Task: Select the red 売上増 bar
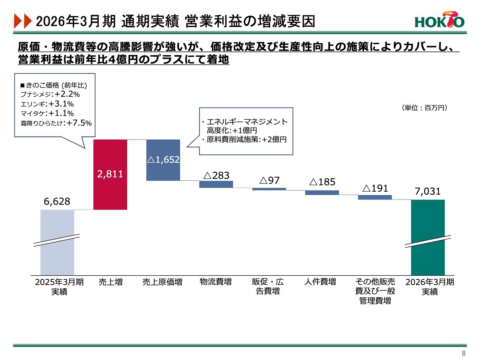pyautogui.click(x=110, y=175)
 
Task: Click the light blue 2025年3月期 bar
pyautogui.click(x=57, y=242)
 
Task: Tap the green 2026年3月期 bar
pyautogui.click(x=428, y=237)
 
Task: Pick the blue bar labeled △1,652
pyautogui.click(x=163, y=160)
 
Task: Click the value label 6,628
pyautogui.click(x=57, y=201)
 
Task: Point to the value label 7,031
pyautogui.click(x=427, y=191)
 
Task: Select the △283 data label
pyautogui.click(x=216, y=175)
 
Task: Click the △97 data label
pyautogui.click(x=269, y=180)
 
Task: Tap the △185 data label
pyautogui.click(x=322, y=182)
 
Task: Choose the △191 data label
pyautogui.click(x=375, y=188)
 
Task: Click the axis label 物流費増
pyautogui.click(x=216, y=282)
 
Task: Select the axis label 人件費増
pyautogui.click(x=320, y=282)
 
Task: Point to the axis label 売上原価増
pyautogui.click(x=162, y=282)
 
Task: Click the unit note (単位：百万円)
pyautogui.click(x=424, y=108)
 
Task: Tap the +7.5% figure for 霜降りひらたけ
pyautogui.click(x=79, y=123)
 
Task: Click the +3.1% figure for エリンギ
pyautogui.click(x=61, y=104)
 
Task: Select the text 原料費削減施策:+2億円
pyautogui.click(x=246, y=139)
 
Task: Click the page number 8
pyautogui.click(x=463, y=353)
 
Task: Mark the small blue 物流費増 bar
pyautogui.click(x=216, y=184)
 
